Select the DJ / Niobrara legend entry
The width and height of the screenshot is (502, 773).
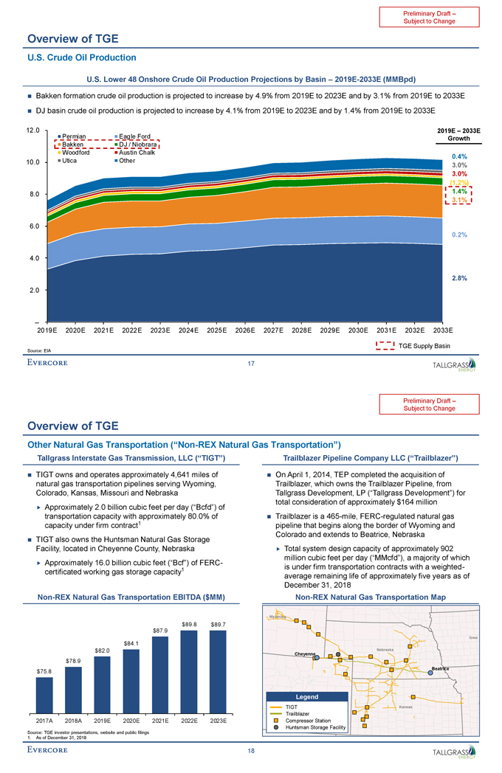click(134, 145)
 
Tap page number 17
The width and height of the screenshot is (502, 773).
click(252, 364)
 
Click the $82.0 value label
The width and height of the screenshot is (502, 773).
click(102, 650)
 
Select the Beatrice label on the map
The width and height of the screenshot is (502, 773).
click(441, 668)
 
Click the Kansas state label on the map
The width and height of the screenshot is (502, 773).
click(405, 707)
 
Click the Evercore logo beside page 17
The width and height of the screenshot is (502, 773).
click(47, 362)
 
